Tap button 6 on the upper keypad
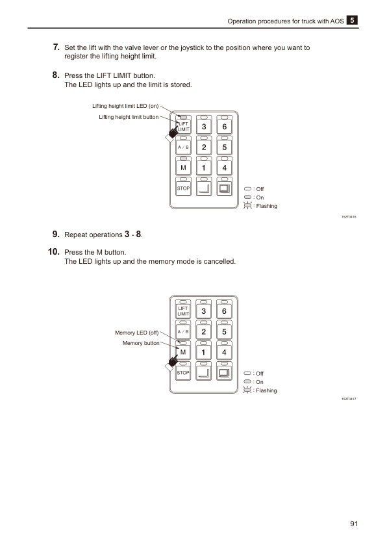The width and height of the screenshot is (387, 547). pyautogui.click(x=224, y=127)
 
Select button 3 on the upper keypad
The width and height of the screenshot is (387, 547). pyautogui.click(x=204, y=127)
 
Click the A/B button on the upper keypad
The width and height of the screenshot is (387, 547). pyautogui.click(x=184, y=147)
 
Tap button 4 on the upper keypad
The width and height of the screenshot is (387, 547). pyautogui.click(x=224, y=168)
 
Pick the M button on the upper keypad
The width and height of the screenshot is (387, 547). pyautogui.click(x=184, y=168)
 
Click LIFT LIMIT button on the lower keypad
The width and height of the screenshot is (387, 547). pyautogui.click(x=184, y=311)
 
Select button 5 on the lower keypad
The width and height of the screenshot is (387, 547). pyautogui.click(x=224, y=332)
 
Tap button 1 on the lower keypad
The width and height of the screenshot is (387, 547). pyautogui.click(x=204, y=353)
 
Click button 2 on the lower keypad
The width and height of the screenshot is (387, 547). pyautogui.click(x=204, y=332)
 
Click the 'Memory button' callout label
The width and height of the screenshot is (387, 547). pyautogui.click(x=141, y=343)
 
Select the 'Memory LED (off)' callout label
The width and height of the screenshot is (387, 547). pyautogui.click(x=136, y=333)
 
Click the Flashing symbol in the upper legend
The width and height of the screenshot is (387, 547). pyautogui.click(x=247, y=206)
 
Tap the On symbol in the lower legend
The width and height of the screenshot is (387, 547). pyautogui.click(x=247, y=382)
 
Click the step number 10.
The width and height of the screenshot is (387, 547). pyautogui.click(x=54, y=251)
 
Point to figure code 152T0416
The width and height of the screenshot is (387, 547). pyautogui.click(x=349, y=216)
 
